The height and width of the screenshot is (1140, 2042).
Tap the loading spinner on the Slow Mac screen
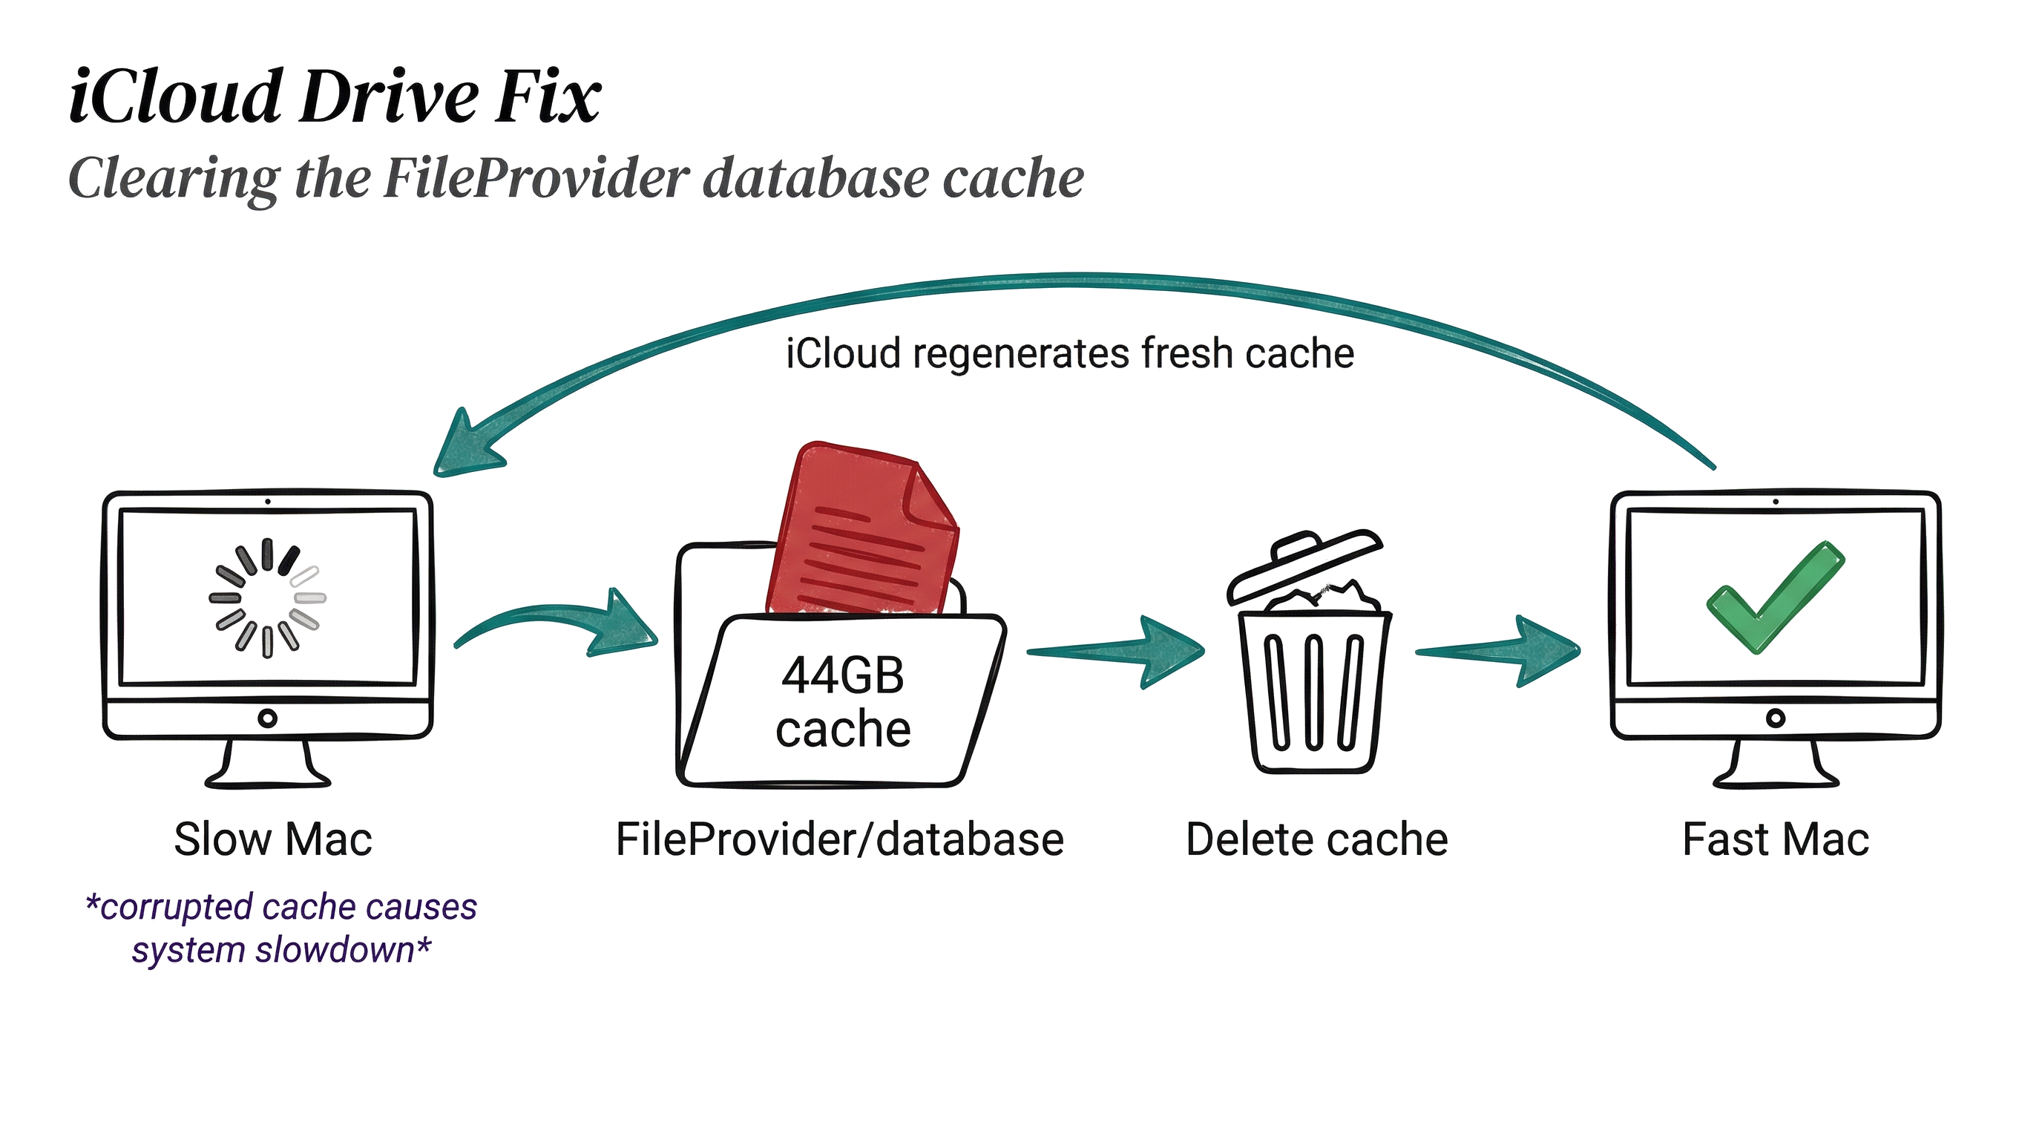click(x=267, y=597)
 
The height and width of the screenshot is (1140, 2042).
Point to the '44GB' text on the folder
click(x=843, y=676)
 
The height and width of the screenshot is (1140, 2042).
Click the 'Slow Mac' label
click(x=273, y=839)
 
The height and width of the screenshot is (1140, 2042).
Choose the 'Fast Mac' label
click(x=1775, y=839)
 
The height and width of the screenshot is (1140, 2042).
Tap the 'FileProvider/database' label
click(x=839, y=839)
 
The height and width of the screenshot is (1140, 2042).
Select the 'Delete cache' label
click(x=1316, y=839)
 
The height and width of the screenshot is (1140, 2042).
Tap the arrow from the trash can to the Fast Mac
click(x=1498, y=652)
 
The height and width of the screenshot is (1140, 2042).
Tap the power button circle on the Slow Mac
click(x=268, y=718)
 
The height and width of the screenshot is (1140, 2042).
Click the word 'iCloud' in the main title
click(x=175, y=96)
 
